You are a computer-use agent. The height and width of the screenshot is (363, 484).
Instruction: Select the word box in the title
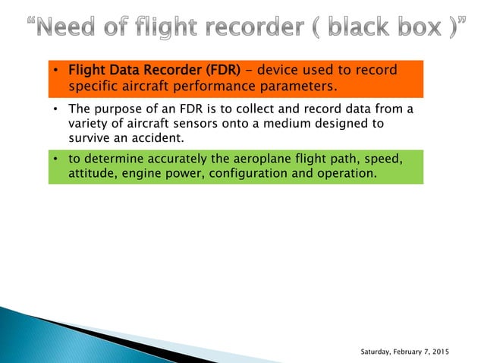[426, 29]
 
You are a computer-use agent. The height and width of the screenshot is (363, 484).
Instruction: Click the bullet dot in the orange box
[56, 71]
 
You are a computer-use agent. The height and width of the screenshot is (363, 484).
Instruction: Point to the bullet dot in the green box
[56, 159]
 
